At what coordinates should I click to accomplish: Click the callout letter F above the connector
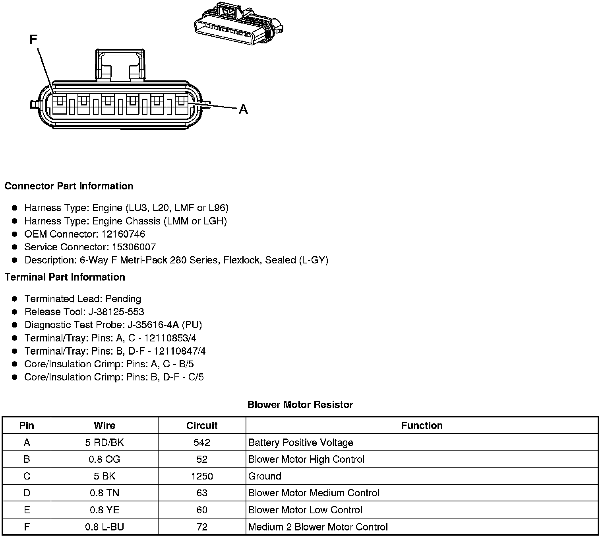tap(33, 40)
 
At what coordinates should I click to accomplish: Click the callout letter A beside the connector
tap(243, 109)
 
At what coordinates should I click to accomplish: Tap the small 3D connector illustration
tap(238, 24)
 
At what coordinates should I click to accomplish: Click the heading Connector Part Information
tap(69, 186)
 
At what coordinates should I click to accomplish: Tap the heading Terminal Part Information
tap(65, 277)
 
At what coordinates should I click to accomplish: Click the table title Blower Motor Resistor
tap(300, 405)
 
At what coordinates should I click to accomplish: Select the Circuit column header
tap(202, 425)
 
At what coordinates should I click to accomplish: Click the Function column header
tap(422, 425)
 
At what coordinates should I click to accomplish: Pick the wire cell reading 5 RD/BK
tap(105, 442)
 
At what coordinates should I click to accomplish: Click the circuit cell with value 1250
tap(202, 476)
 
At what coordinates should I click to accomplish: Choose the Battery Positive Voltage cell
tap(301, 442)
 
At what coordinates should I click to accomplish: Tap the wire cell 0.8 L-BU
tap(105, 527)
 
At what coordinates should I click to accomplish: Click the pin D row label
tap(27, 493)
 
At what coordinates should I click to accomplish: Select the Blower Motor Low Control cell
tap(305, 510)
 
